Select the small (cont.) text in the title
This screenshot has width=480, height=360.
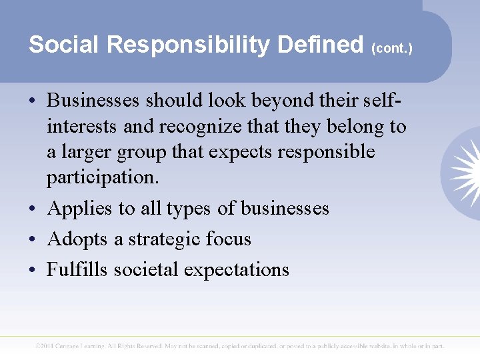(x=393, y=49)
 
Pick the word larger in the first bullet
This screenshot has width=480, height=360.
(x=91, y=152)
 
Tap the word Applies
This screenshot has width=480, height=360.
(x=80, y=208)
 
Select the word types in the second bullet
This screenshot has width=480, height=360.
(x=189, y=209)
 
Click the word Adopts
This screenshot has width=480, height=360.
(x=77, y=239)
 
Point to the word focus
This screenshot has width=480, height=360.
(x=229, y=239)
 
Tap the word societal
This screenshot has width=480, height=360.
(x=146, y=269)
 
